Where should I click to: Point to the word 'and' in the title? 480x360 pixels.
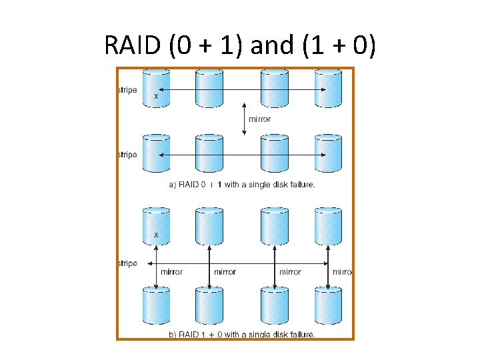tap(271, 45)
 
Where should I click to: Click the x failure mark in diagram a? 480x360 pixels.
tap(157, 97)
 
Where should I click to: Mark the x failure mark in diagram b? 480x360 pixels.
tap(157, 235)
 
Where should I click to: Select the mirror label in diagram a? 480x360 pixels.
tap(259, 119)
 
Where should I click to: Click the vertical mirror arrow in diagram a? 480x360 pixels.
tap(244, 119)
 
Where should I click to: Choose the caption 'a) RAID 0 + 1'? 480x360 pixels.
tap(193, 185)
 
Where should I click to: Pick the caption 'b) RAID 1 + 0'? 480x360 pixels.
tap(193, 334)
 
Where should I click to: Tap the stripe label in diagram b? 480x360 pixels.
tap(127, 263)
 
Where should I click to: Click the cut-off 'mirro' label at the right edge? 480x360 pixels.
tap(341, 272)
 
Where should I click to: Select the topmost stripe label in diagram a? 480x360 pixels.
tap(127, 90)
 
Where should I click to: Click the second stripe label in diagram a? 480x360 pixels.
tap(127, 155)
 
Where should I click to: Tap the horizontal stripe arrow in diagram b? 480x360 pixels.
tap(243, 263)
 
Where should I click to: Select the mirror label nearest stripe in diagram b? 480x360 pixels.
tap(171, 272)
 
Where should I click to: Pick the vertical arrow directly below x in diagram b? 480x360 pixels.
tap(157, 267)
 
